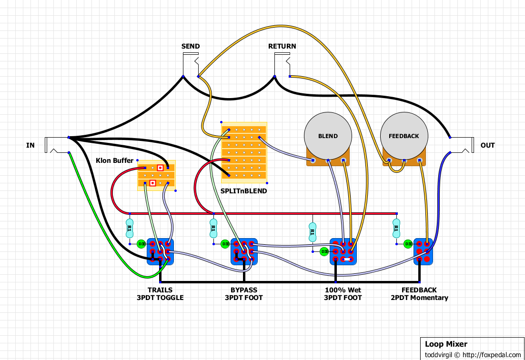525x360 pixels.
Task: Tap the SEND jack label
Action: [191, 46]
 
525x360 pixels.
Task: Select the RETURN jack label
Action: [282, 46]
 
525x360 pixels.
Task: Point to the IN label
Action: [30, 145]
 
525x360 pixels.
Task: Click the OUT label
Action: [487, 145]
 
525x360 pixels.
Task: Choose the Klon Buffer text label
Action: [115, 160]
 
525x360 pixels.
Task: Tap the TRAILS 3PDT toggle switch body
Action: [160, 251]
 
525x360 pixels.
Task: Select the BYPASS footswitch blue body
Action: [244, 251]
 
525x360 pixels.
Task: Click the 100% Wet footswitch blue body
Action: [343, 251]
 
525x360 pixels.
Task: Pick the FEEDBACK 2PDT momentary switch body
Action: [423, 251]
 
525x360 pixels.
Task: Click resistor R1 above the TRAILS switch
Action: [129, 229]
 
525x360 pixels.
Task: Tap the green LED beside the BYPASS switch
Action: [225, 244]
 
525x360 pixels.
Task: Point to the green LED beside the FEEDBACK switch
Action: [408, 244]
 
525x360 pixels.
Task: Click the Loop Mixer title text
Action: [446, 344]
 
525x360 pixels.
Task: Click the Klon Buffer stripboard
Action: [156, 175]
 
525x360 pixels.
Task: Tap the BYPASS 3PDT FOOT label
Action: [244, 294]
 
